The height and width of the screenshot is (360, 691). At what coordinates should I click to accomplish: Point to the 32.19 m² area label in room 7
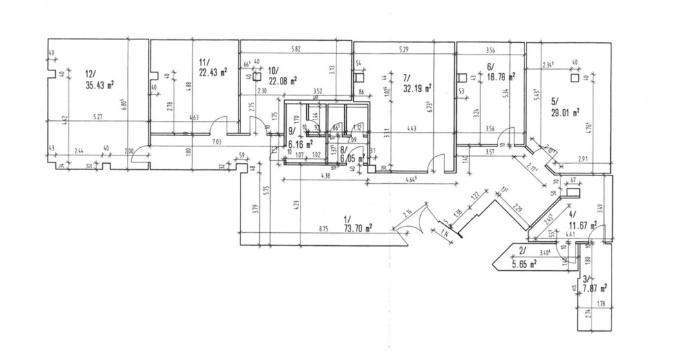[x=417, y=88]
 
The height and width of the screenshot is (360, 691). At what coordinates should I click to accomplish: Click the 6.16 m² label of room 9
[x=299, y=144]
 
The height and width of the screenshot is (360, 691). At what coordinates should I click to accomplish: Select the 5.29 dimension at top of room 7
[x=404, y=50]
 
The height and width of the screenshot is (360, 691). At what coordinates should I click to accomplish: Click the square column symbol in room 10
[x=256, y=78]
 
